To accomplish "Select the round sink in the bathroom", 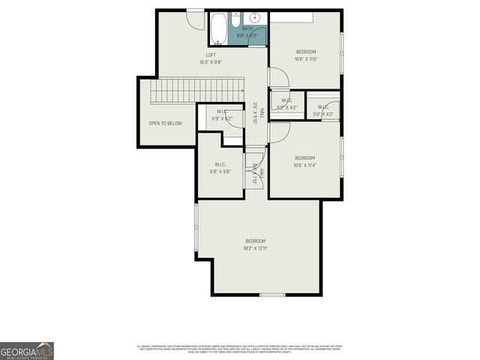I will [254, 17].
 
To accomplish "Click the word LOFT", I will [212, 55].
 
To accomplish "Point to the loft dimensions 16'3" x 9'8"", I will [212, 62].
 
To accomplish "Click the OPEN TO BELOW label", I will [165, 123].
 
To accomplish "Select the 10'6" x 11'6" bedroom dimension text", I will [305, 59].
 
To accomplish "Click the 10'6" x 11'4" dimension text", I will [305, 166].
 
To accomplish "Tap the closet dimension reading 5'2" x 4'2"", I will [286, 107].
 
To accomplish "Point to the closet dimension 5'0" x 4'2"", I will [323, 115].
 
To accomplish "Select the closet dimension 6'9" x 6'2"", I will [212, 118].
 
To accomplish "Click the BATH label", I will [247, 29].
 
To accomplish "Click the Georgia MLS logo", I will [27, 351].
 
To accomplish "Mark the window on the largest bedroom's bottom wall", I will [271, 295].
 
